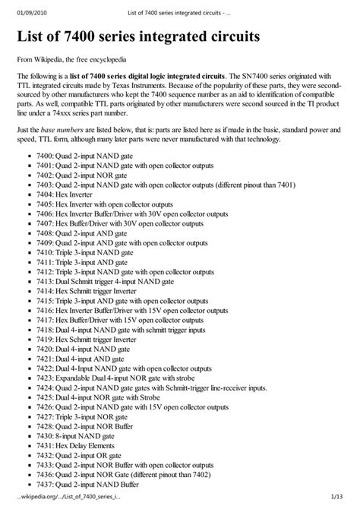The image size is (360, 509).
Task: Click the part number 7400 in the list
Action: pos(43,175)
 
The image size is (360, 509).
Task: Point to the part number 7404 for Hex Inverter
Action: pos(43,215)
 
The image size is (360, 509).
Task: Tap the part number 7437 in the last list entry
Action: pos(43,482)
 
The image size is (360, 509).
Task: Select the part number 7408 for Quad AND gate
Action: pos(43,254)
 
